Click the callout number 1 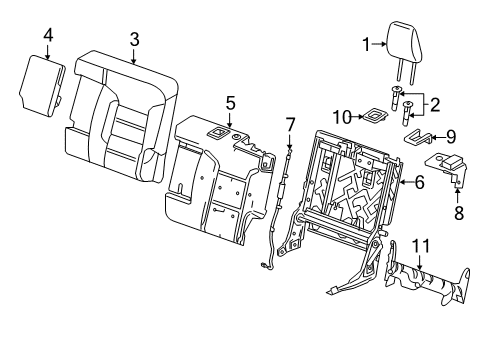[x=366, y=43]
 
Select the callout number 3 [x=134, y=39]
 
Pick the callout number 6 [x=420, y=182]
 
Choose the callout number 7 [x=290, y=125]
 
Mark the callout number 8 [x=459, y=212]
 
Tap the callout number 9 [x=449, y=135]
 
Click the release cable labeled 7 [x=282, y=210]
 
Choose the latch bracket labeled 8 [x=447, y=165]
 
